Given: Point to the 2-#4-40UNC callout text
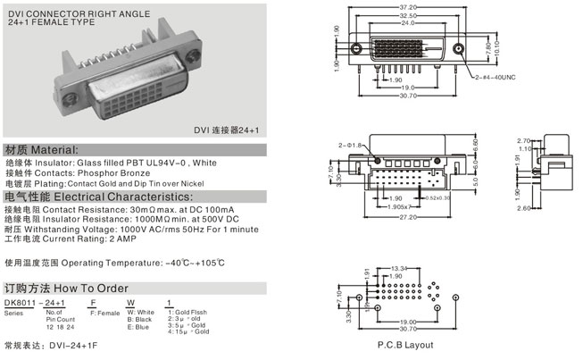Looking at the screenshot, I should point(496,78).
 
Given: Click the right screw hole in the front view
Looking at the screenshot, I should point(459,48).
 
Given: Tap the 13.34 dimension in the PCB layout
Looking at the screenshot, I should point(399,266).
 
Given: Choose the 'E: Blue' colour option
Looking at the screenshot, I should point(141,327).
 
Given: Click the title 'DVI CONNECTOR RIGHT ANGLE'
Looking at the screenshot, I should point(62,8).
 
